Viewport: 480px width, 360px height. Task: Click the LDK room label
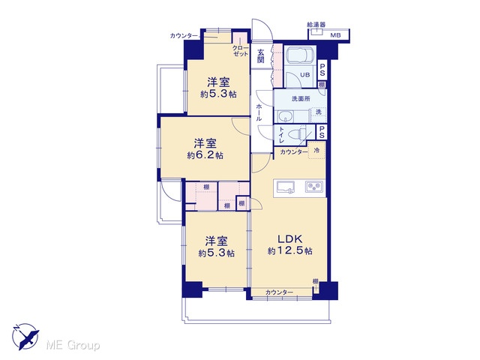tap(289, 238)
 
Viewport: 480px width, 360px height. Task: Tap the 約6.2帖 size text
tap(205, 155)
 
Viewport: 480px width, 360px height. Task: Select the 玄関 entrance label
tap(260, 55)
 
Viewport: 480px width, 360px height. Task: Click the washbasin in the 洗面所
tap(286, 117)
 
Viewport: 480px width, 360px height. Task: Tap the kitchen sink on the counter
tap(286, 187)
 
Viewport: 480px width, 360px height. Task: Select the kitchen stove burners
tap(313, 187)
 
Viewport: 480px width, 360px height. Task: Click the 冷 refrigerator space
tap(316, 151)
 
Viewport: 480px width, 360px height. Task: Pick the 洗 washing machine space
tap(318, 112)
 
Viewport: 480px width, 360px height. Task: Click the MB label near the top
tap(335, 35)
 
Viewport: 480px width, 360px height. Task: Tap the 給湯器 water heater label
tap(316, 25)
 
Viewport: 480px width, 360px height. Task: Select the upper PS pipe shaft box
tap(322, 70)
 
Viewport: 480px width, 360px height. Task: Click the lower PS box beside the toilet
tap(322, 132)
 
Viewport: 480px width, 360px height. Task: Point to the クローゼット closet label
tap(241, 51)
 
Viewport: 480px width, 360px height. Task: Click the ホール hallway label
tap(259, 112)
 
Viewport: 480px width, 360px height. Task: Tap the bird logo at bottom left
tap(25, 336)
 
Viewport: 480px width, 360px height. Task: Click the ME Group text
tap(73, 346)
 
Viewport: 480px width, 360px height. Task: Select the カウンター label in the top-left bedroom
tap(184, 36)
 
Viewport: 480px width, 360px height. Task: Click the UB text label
tap(304, 75)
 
